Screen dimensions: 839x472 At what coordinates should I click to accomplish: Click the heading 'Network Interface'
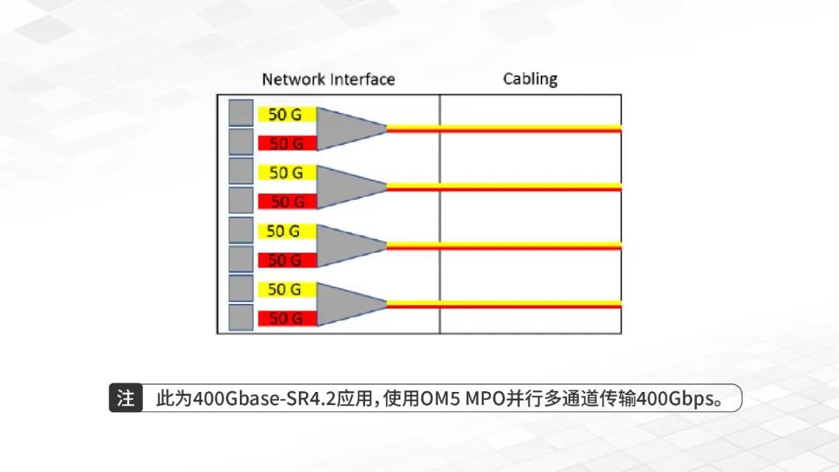pos(329,79)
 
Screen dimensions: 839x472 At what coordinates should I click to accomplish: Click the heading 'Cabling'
pos(531,79)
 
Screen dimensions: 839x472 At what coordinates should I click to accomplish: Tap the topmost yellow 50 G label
pos(287,114)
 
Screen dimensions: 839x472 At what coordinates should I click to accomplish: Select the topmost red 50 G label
pos(287,143)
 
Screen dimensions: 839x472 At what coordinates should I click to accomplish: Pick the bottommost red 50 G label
pos(287,318)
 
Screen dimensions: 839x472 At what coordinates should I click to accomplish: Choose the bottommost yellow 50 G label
pos(287,289)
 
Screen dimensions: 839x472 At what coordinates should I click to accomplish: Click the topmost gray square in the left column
pos(241,113)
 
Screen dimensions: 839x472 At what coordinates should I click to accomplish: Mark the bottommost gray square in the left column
pos(241,317)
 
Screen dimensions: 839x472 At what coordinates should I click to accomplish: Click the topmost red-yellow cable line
pos(504,128)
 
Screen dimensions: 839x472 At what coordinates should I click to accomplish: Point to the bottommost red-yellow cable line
pos(504,304)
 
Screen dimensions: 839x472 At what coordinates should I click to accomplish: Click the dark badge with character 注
pos(126,397)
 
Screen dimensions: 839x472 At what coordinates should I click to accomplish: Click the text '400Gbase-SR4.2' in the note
pos(264,399)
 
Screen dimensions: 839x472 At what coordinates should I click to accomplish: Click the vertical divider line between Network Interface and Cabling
pos(440,215)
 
